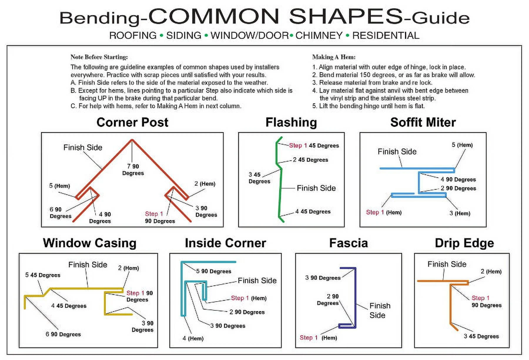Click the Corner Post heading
pyautogui.click(x=132, y=122)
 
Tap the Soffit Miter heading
pyautogui.click(x=423, y=122)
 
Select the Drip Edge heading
pyautogui.click(x=464, y=243)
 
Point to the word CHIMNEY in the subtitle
pyautogui.click(x=319, y=36)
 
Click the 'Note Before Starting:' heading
pyautogui.click(x=99, y=57)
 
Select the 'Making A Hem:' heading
pyautogui.click(x=334, y=57)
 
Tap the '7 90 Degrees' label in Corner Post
pyautogui.click(x=133, y=170)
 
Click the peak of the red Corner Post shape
pyautogui.click(x=132, y=140)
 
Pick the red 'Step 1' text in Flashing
pyautogui.click(x=298, y=145)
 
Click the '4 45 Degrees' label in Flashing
pyautogui.click(x=313, y=211)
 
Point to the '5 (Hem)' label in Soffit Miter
pyautogui.click(x=462, y=145)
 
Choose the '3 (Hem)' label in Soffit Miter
pyautogui.click(x=460, y=213)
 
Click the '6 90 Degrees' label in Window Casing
pyautogui.click(x=63, y=334)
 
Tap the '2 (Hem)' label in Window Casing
pyautogui.click(x=128, y=268)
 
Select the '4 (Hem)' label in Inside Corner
pyautogui.click(x=193, y=338)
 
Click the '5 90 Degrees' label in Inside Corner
pyautogui.click(x=214, y=271)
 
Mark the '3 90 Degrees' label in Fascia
pyautogui.click(x=323, y=278)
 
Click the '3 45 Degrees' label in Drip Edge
pyautogui.click(x=481, y=336)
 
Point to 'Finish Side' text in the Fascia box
pyautogui.click(x=379, y=310)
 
